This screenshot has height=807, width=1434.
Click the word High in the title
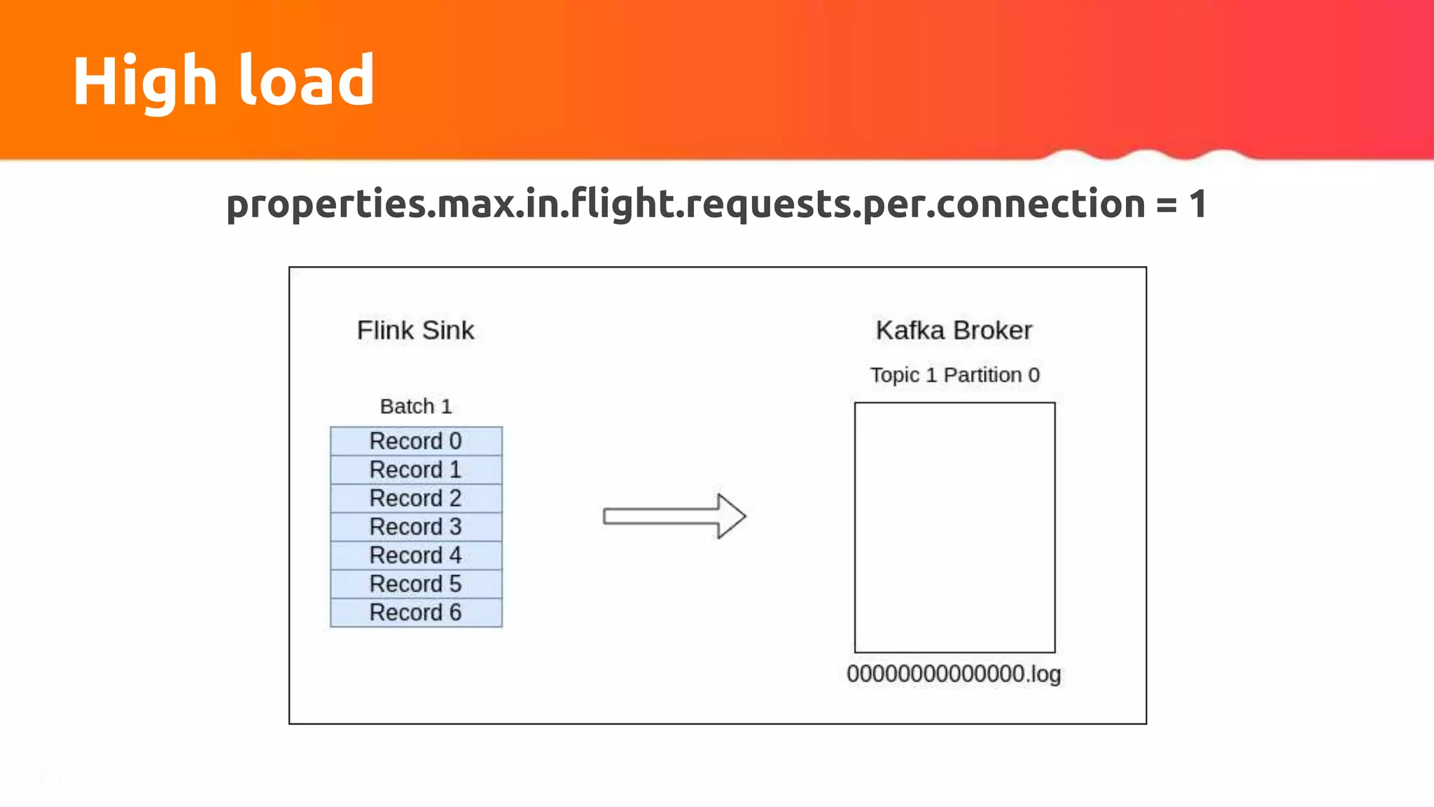(x=144, y=83)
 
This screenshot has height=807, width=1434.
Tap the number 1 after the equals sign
(x=1198, y=204)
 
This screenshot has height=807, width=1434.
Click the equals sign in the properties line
(x=1167, y=205)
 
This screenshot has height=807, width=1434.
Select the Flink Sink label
(x=415, y=330)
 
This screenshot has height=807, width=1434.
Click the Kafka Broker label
(x=954, y=330)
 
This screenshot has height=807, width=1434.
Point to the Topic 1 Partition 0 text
(x=954, y=375)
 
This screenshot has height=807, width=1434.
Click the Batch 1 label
(x=416, y=406)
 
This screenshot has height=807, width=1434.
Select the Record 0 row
(x=416, y=441)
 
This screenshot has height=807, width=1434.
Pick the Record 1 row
(x=416, y=469)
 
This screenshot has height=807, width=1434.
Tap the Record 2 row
(x=416, y=498)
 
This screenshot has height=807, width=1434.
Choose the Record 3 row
(x=416, y=527)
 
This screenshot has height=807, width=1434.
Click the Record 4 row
(x=416, y=556)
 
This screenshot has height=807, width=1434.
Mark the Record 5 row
(x=416, y=584)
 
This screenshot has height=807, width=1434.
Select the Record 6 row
(x=416, y=612)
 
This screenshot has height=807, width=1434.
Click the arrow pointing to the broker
(x=674, y=516)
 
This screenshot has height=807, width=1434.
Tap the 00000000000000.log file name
(x=954, y=674)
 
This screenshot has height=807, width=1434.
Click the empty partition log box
(x=954, y=527)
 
